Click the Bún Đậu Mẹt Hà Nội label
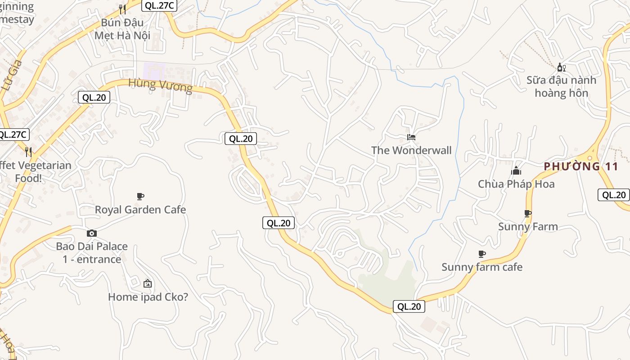click(122, 29)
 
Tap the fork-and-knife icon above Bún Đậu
click(122, 9)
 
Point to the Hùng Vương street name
click(160, 85)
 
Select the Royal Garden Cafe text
click(140, 210)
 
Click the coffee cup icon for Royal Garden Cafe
click(140, 196)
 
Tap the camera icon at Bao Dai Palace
click(92, 233)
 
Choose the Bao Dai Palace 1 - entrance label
click(92, 253)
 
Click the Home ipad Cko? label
click(148, 297)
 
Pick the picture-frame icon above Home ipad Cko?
click(148, 283)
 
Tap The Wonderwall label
click(411, 150)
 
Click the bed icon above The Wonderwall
click(411, 137)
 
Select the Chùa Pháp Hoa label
click(516, 184)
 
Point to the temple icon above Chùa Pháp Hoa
click(516, 171)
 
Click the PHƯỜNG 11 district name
click(581, 166)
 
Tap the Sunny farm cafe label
click(482, 267)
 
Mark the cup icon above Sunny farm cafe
click(482, 254)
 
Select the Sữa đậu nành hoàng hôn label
click(562, 86)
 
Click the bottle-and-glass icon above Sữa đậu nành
click(561, 67)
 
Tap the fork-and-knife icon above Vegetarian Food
click(28, 152)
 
